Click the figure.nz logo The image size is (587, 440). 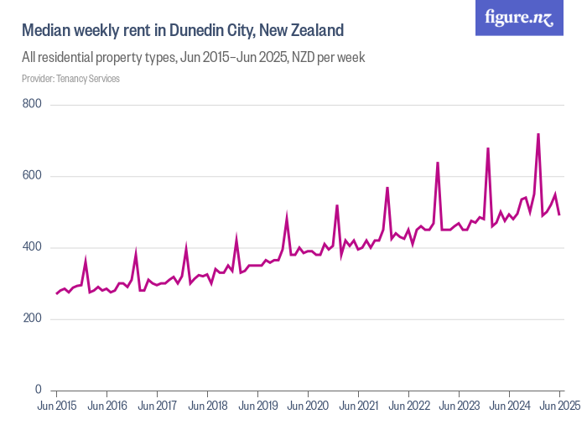click(519, 18)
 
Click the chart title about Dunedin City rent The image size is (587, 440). click(183, 31)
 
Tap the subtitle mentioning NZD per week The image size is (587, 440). click(193, 58)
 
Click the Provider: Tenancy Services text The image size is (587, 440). click(70, 79)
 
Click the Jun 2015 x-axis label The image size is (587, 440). click(57, 406)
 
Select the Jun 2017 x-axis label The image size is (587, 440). click(158, 406)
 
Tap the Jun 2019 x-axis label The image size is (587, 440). click(257, 406)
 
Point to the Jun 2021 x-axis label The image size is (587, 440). click(358, 406)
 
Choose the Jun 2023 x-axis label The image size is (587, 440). click(459, 406)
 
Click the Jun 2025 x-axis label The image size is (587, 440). click(558, 406)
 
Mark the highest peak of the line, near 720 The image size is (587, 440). click(538, 134)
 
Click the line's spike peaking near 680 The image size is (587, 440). click(488, 148)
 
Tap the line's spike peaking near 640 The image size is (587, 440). click(438, 163)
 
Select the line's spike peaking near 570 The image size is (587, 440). click(387, 188)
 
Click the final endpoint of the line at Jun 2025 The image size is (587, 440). click(559, 215)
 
